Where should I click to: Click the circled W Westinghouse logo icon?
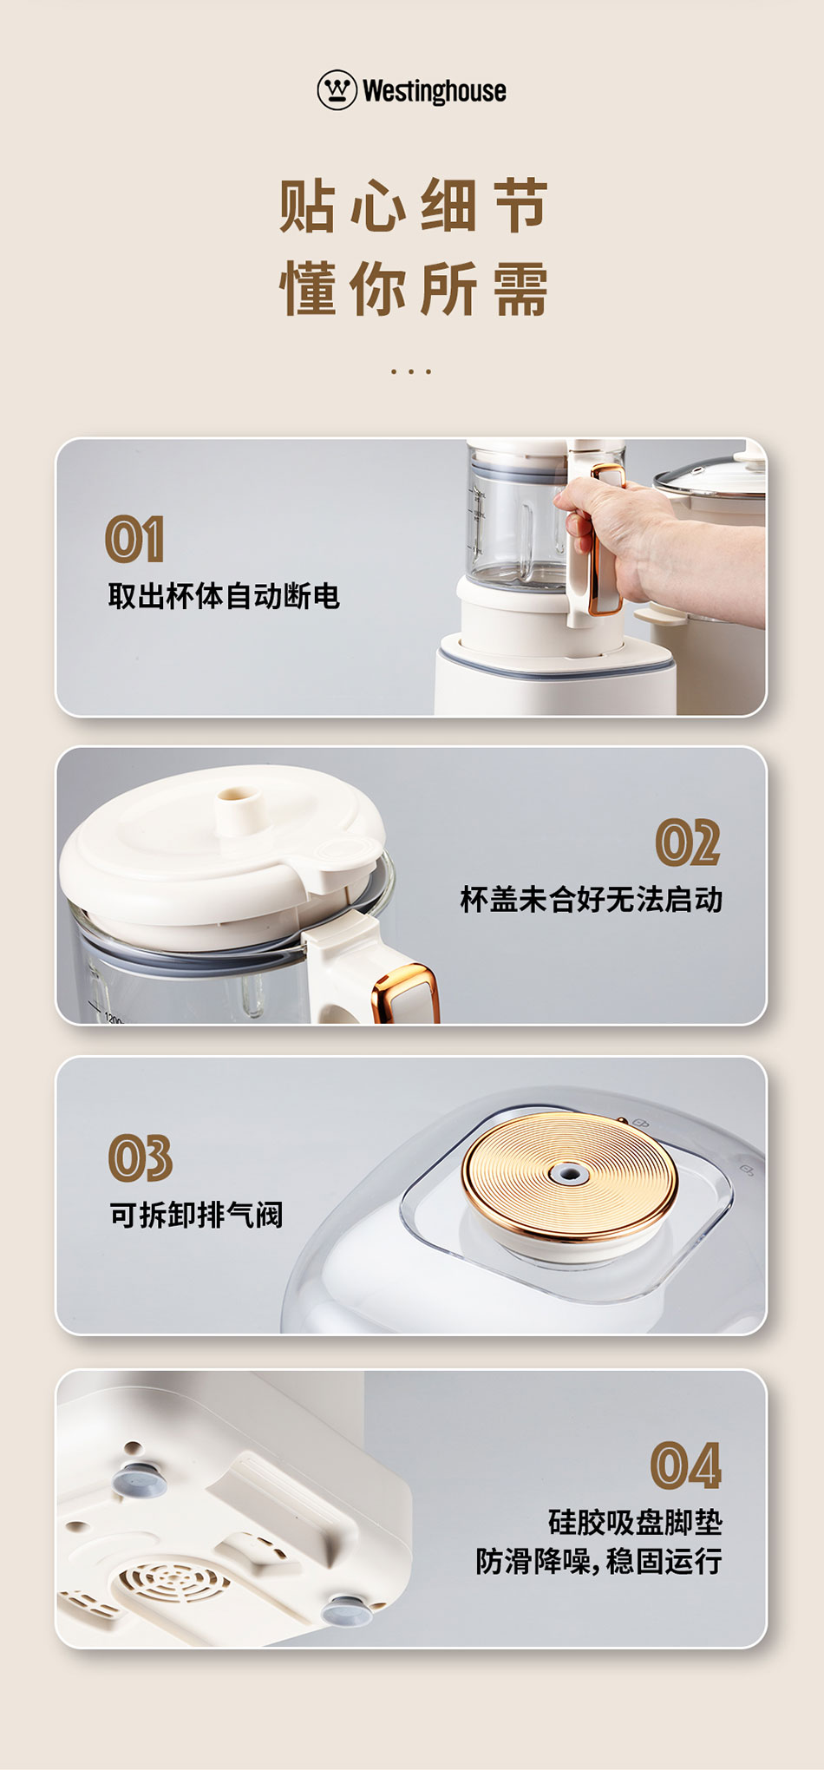click(x=337, y=90)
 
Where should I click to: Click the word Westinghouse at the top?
click(x=435, y=91)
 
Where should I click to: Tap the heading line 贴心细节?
click(x=413, y=206)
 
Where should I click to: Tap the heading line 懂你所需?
click(x=413, y=289)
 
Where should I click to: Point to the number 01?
click(x=134, y=539)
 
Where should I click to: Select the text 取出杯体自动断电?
click(x=224, y=596)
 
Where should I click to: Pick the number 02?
click(x=688, y=842)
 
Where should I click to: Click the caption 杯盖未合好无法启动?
click(x=592, y=900)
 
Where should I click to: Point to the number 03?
click(x=141, y=1157)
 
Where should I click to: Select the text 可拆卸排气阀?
click(x=197, y=1215)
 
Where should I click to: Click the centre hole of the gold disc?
click(x=569, y=1174)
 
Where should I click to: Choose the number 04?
click(x=686, y=1465)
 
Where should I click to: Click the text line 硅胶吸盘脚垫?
click(x=636, y=1522)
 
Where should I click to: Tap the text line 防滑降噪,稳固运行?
click(x=599, y=1561)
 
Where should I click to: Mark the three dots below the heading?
click(x=411, y=371)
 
